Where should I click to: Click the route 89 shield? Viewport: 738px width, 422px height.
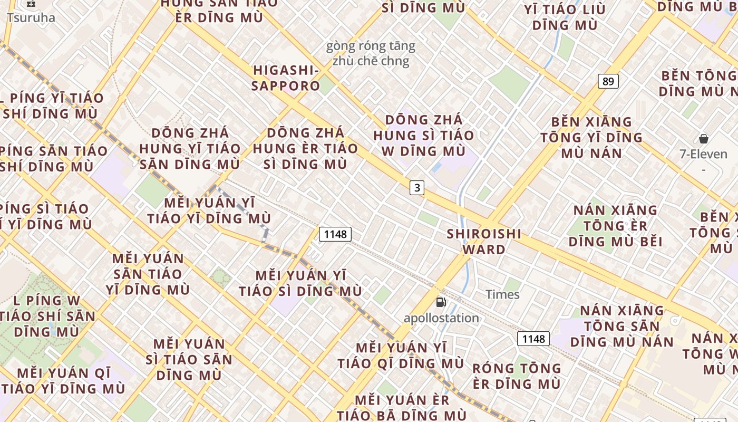pyautogui.click(x=608, y=81)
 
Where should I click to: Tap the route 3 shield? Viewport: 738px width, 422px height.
pyautogui.click(x=417, y=187)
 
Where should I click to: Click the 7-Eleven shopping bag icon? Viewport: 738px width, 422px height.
pyautogui.click(x=703, y=139)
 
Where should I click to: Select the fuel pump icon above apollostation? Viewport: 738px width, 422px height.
pyautogui.click(x=441, y=302)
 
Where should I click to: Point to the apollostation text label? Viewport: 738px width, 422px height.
pyautogui.click(x=441, y=318)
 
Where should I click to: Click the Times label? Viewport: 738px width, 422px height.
pyautogui.click(x=502, y=294)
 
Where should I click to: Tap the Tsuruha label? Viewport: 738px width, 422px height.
pyautogui.click(x=31, y=17)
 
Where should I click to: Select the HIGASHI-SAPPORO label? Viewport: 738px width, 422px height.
pyautogui.click(x=286, y=78)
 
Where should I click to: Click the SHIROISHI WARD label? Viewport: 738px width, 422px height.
pyautogui.click(x=484, y=241)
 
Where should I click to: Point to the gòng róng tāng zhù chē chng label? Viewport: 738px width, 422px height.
pyautogui.click(x=371, y=53)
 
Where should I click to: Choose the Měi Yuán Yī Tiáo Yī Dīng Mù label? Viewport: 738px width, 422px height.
pyautogui.click(x=209, y=210)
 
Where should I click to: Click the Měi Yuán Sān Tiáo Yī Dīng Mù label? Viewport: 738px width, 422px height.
pyautogui.click(x=148, y=274)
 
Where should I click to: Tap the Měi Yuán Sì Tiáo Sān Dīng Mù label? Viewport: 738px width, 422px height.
pyautogui.click(x=189, y=359)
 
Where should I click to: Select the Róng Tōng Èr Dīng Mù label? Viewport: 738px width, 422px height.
pyautogui.click(x=517, y=376)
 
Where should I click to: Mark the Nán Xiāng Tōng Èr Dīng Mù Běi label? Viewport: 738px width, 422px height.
pyautogui.click(x=615, y=226)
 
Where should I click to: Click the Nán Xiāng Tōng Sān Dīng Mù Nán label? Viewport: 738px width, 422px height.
pyautogui.click(x=622, y=326)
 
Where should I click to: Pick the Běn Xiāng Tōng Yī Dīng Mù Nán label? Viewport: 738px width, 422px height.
pyautogui.click(x=591, y=137)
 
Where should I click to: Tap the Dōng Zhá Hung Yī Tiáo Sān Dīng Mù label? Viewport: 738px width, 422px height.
pyautogui.click(x=190, y=148)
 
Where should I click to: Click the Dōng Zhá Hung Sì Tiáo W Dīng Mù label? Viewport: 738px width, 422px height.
pyautogui.click(x=424, y=135)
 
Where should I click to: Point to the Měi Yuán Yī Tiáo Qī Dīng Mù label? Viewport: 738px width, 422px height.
pyautogui.click(x=401, y=356)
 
